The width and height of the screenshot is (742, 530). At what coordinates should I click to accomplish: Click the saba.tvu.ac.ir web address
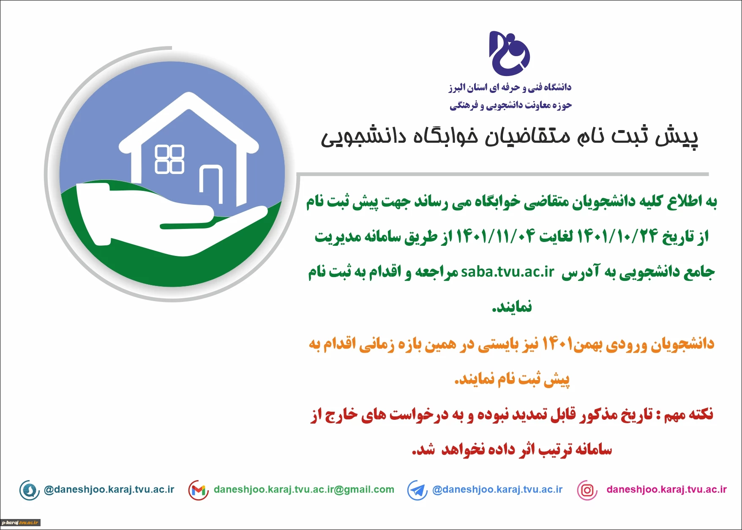click(507, 272)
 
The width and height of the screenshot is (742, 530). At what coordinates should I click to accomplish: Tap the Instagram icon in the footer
click(587, 490)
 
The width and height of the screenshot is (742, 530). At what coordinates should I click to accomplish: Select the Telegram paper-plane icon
click(417, 490)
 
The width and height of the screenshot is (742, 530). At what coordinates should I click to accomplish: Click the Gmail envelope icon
click(199, 490)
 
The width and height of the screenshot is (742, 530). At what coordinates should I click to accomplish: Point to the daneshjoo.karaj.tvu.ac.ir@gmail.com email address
click(304, 489)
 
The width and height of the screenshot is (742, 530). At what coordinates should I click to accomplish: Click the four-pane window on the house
click(169, 159)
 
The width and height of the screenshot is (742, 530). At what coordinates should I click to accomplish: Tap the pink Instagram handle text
click(666, 489)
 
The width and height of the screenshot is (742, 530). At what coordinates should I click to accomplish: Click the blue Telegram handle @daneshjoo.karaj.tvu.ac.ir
click(497, 489)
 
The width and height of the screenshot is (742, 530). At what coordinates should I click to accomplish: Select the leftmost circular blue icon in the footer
click(30, 490)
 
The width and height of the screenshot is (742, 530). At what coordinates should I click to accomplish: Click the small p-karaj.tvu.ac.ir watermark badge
click(20, 523)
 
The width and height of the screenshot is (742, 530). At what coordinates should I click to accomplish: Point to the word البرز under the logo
click(457, 88)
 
